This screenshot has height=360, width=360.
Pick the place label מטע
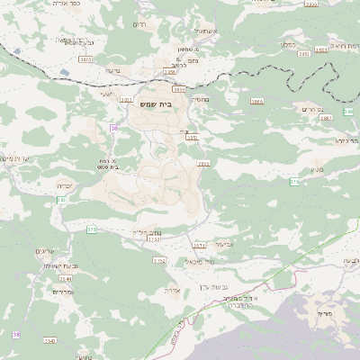(x=317, y=169)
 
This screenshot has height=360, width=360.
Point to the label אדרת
(x=174, y=290)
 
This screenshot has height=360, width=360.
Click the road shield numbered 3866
(x=257, y=103)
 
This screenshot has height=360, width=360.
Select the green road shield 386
(x=348, y=112)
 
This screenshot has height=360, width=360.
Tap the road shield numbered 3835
(x=85, y=58)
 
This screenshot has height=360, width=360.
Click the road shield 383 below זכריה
(x=62, y=199)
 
